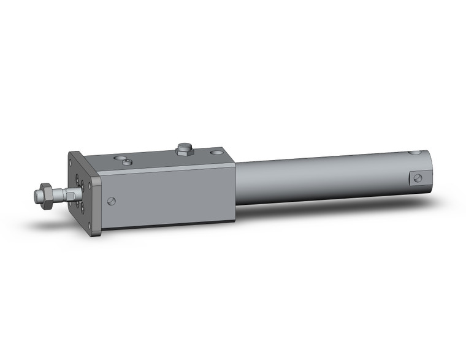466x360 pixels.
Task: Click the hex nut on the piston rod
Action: tap(45, 196)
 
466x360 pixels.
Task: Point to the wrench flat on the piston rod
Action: tap(69, 194)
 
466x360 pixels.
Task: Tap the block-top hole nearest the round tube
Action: tap(216, 153)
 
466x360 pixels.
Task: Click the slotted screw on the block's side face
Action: tap(111, 201)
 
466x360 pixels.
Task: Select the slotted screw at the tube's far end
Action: tap(417, 178)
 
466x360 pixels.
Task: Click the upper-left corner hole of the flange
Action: tap(73, 161)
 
